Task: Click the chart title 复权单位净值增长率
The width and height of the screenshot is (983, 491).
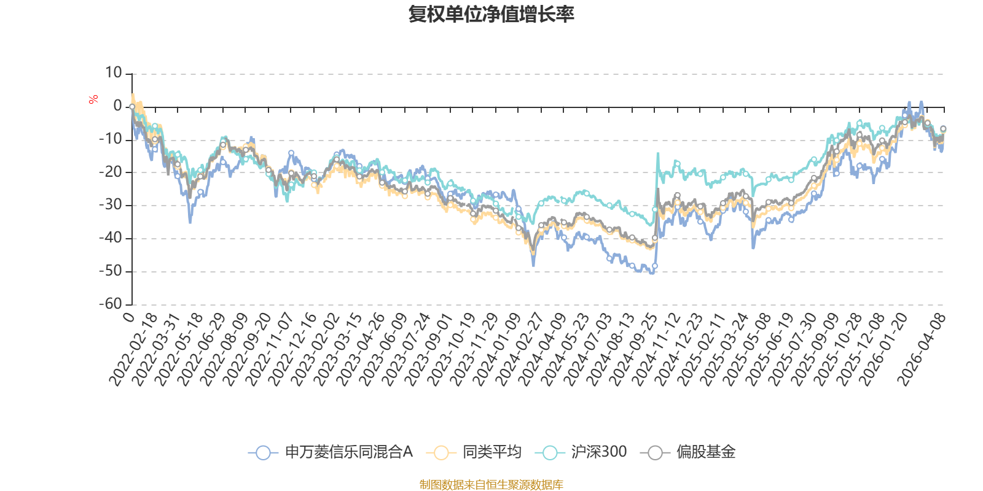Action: pyautogui.click(x=491, y=14)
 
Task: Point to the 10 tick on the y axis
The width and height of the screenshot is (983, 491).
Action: pyautogui.click(x=113, y=73)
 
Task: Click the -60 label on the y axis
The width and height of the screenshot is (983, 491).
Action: pyautogui.click(x=111, y=304)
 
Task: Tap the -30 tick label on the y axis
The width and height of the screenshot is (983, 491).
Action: pyautogui.click(x=111, y=205)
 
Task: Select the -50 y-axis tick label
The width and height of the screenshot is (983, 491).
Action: pyautogui.click(x=111, y=271)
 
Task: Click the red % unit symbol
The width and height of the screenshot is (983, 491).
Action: pyautogui.click(x=93, y=99)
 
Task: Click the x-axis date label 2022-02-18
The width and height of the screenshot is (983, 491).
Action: pyautogui.click(x=133, y=350)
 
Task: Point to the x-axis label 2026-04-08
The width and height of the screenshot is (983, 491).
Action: pyautogui.click(x=921, y=350)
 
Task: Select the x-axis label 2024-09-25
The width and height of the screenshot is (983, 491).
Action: pyautogui.click(x=633, y=350)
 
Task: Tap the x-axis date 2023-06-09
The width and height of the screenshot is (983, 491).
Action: pyautogui.click(x=383, y=350)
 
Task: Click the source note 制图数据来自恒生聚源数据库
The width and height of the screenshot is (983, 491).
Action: pyautogui.click(x=491, y=484)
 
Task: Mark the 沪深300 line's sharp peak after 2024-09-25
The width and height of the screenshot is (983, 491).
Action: pyautogui.click(x=658, y=153)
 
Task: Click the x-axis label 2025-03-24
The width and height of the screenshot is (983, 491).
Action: pyautogui.click(x=724, y=350)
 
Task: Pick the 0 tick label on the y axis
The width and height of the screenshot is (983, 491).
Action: pyautogui.click(x=117, y=106)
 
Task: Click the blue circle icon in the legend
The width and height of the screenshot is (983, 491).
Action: pyautogui.click(x=263, y=452)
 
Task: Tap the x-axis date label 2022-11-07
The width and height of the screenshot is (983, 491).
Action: pyautogui.click(x=269, y=350)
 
